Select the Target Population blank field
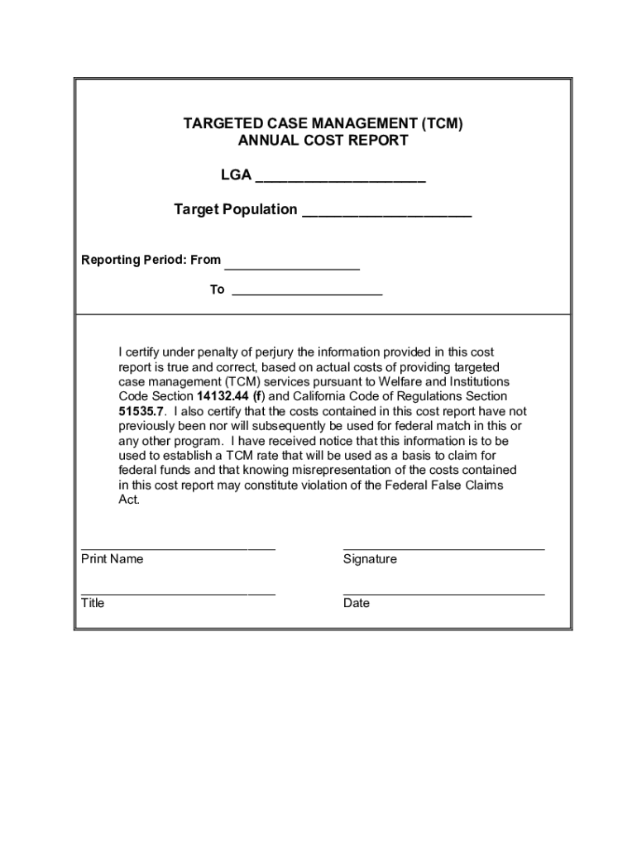386,214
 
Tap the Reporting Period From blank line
292,267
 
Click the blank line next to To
307,294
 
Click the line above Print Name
178,548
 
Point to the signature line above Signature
443,548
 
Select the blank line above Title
178,593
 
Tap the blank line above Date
443,593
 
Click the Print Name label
112,559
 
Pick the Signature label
370,559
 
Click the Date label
357,603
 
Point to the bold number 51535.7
142,411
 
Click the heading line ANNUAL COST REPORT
323,141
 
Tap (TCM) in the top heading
442,124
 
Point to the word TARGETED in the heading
220,124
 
